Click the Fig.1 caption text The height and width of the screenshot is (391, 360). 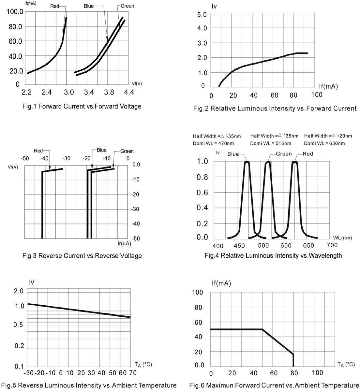(x=82, y=106)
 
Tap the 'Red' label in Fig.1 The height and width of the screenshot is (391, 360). (x=55, y=6)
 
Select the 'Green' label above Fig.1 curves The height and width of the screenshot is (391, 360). (x=127, y=6)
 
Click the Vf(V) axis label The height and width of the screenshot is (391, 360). (x=137, y=83)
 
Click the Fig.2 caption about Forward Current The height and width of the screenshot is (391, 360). (x=275, y=108)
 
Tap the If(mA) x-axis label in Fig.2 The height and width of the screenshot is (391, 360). (x=328, y=86)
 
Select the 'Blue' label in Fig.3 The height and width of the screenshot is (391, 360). (x=101, y=150)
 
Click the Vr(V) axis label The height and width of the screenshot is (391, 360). (x=13, y=167)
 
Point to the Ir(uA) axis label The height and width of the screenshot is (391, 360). (x=124, y=243)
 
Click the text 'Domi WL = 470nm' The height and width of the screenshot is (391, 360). (x=213, y=143)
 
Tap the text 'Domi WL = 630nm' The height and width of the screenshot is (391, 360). (x=324, y=143)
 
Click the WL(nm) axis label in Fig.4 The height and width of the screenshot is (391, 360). (x=342, y=238)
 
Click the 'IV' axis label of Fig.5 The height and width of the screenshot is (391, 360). (x=31, y=282)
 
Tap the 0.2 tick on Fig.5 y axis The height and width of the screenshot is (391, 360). (x=20, y=346)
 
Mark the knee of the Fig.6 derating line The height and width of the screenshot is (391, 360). (x=262, y=329)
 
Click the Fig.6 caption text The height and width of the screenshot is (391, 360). (x=274, y=385)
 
